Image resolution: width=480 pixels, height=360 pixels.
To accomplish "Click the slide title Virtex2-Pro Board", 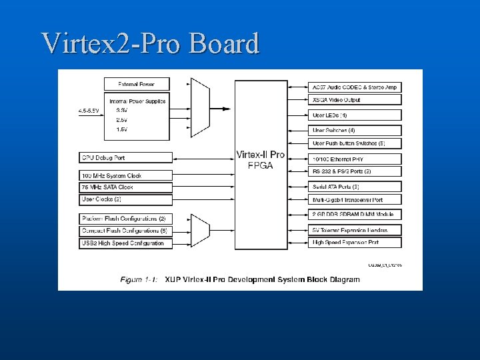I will click(x=150, y=43).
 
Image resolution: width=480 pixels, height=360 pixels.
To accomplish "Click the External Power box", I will click(x=137, y=84).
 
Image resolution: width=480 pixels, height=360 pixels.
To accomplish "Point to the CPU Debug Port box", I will click(x=125, y=158).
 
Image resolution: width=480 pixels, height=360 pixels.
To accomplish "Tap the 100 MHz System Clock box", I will click(x=125, y=176).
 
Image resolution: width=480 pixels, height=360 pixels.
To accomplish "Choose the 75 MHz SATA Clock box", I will click(x=125, y=187).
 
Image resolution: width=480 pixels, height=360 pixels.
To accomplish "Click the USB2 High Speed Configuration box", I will click(x=125, y=243).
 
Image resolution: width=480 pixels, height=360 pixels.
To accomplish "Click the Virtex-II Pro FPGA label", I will click(x=260, y=160).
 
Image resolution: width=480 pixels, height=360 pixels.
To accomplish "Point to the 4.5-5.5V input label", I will click(x=88, y=110).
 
